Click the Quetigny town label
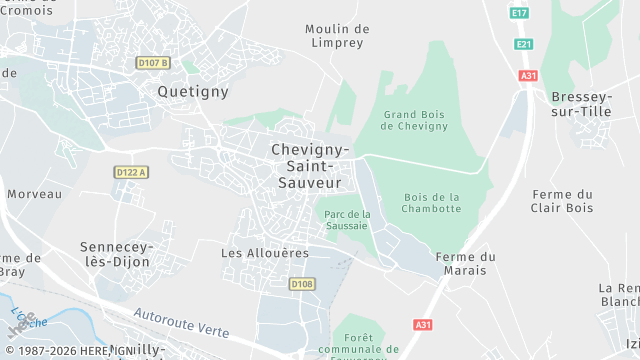tap(193, 91)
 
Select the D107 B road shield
tap(154, 63)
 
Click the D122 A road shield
tap(131, 172)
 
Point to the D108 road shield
tap(302, 284)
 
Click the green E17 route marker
tap(518, 13)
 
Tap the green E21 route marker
tap(524, 44)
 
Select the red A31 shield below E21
tap(529, 76)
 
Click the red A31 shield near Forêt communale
tap(423, 325)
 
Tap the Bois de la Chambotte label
tap(432, 202)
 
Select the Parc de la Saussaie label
tap(348, 219)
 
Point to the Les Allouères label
tap(265, 253)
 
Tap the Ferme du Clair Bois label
tap(563, 201)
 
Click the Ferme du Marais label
tap(466, 264)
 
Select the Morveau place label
tap(34, 194)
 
